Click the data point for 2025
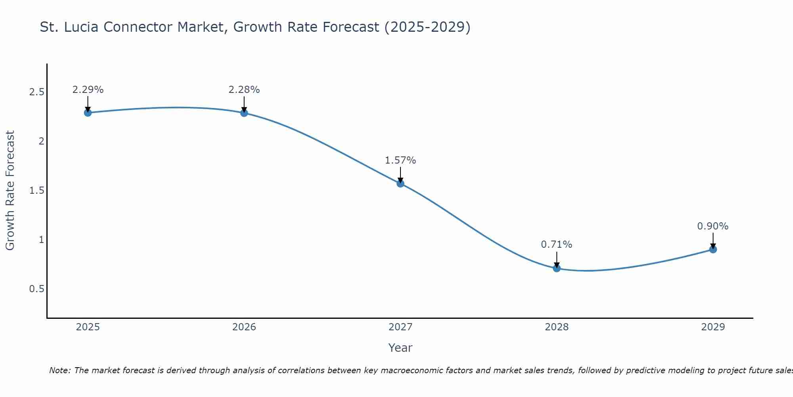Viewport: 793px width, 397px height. coord(88,113)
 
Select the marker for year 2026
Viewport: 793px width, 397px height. coord(244,113)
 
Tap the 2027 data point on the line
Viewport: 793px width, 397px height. coord(400,183)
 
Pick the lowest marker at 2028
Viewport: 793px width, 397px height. coord(557,268)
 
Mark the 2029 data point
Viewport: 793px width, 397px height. coord(713,249)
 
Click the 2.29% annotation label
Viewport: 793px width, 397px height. coord(88,90)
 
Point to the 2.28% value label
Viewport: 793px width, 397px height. coord(244,90)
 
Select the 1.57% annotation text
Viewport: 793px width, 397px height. coord(400,160)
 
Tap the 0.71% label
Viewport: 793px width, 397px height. coord(557,245)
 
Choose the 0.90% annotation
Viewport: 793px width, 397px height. coord(713,226)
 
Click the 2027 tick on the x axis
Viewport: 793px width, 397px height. coord(400,327)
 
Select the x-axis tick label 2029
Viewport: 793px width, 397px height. coord(713,327)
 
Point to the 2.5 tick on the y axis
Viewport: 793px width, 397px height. coord(36,92)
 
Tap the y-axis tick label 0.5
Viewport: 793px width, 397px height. coord(36,289)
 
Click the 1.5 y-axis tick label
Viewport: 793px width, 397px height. coord(36,191)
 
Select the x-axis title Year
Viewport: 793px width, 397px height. coord(400,348)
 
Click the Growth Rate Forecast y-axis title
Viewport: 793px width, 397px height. coord(10,190)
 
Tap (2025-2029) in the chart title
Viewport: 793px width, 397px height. coord(427,27)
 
